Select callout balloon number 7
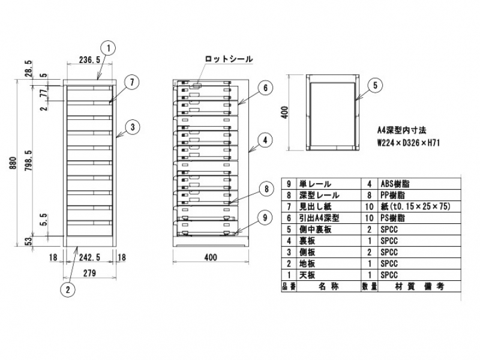[131, 82]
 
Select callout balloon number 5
[374, 85]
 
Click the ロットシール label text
[229, 59]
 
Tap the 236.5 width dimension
[89, 60]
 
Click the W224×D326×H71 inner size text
[406, 143]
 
